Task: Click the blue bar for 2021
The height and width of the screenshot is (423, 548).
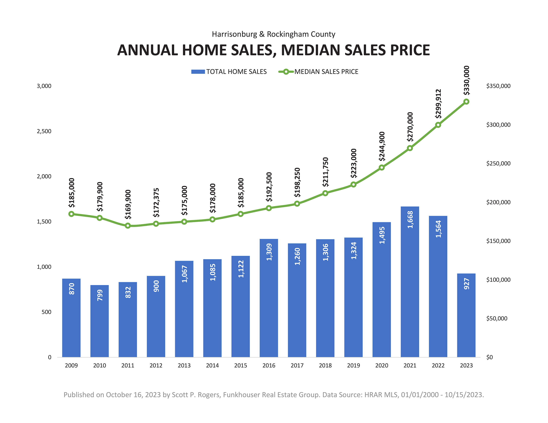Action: pyautogui.click(x=410, y=289)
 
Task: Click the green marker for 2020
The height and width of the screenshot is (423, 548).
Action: pyautogui.click(x=381, y=167)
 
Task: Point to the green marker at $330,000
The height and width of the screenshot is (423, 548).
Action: pyautogui.click(x=466, y=102)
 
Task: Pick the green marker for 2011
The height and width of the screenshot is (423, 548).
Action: pyautogui.click(x=128, y=226)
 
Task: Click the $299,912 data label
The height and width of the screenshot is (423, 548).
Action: pyautogui.click(x=438, y=104)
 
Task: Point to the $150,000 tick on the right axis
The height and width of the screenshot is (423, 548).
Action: pyautogui.click(x=498, y=241)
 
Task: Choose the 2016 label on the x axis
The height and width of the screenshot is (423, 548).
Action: pyautogui.click(x=269, y=365)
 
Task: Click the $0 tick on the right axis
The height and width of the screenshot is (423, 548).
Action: pyautogui.click(x=489, y=357)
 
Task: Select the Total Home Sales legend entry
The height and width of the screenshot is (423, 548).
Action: pyautogui.click(x=229, y=72)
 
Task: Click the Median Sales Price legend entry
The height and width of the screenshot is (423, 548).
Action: pyautogui.click(x=318, y=72)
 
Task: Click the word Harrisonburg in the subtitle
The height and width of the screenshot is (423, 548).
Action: pyautogui.click(x=234, y=34)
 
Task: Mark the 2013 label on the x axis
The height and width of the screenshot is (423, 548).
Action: pyautogui.click(x=184, y=365)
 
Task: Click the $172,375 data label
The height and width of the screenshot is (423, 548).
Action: pyautogui.click(x=156, y=202)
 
